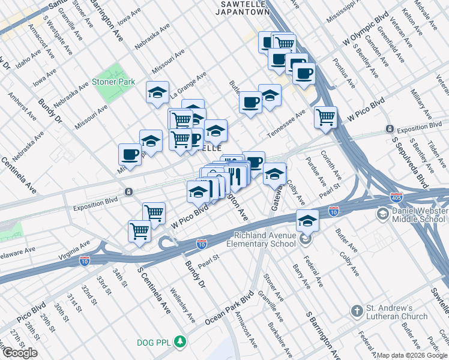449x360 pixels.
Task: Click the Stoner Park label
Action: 113,82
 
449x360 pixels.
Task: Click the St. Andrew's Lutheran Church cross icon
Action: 357,311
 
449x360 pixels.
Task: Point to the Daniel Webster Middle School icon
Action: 382,214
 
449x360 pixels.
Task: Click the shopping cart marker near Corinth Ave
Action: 325,117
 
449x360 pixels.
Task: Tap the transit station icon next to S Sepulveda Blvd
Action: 390,129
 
